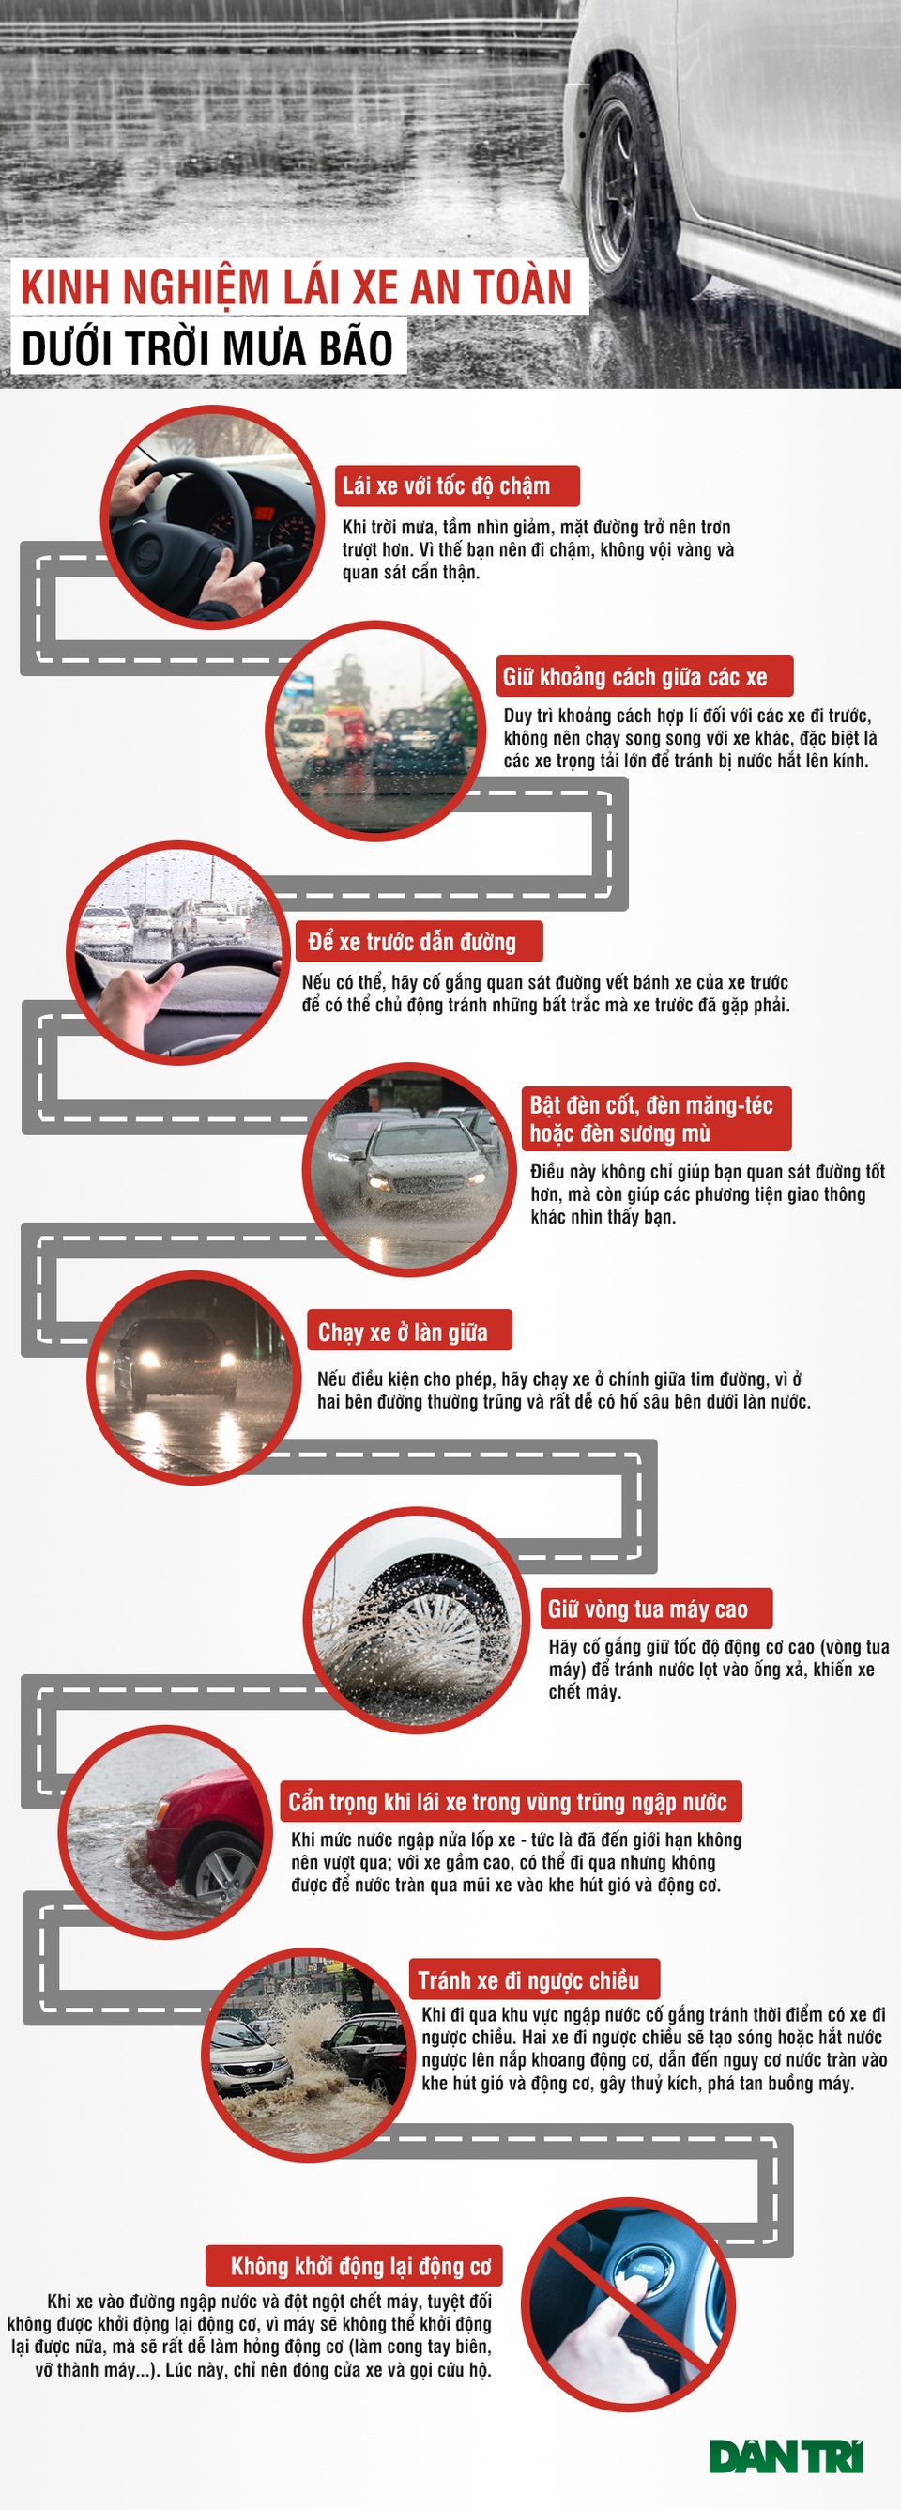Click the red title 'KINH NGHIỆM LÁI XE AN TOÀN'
click(297, 288)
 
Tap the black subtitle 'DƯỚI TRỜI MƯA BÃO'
click(207, 348)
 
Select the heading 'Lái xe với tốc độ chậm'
click(446, 485)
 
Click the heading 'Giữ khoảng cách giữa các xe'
click(635, 676)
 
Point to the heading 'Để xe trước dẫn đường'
click(412, 941)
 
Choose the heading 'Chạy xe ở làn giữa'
click(404, 1332)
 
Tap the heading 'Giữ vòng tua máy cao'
click(648, 1609)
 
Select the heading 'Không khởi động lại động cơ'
click(360, 2267)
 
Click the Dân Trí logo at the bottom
click(786, 2456)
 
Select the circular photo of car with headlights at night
click(194, 1378)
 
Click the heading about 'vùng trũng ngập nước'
click(508, 1802)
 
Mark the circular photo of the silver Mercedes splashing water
click(409, 1169)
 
